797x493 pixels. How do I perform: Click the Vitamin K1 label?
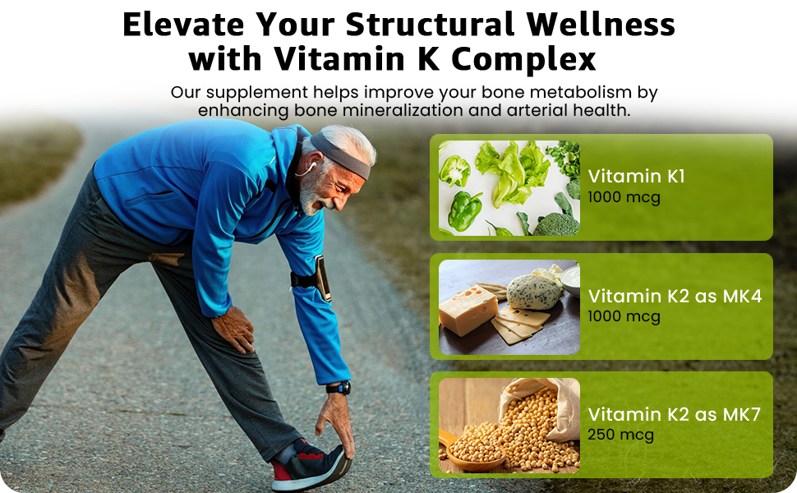pos(637,176)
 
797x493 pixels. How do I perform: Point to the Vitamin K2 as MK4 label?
pos(675,296)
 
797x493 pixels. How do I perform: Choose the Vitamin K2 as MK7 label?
pos(675,414)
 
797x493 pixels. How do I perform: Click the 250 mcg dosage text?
pos(621,435)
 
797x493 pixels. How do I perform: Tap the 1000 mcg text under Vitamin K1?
pos(624,198)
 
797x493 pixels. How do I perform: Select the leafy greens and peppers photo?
pos(509,188)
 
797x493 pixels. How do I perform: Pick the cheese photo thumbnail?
pos(509,306)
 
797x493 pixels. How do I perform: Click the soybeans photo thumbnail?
pos(509,426)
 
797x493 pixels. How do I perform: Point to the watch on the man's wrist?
pos(339,388)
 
